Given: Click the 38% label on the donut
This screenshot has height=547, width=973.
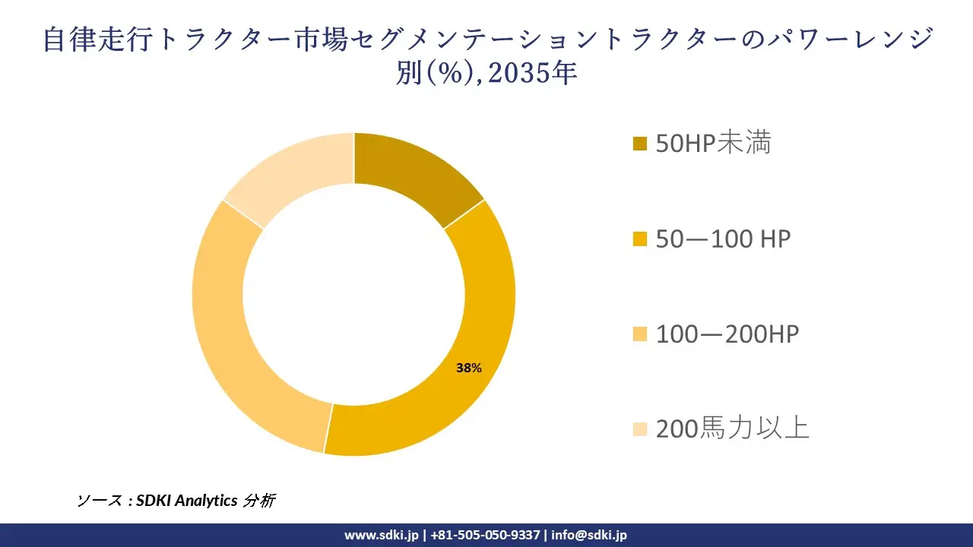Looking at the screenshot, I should coord(468,368).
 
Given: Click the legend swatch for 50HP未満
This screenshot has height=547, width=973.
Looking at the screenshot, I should coord(640,144).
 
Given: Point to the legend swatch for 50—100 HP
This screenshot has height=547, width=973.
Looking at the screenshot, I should coord(640,239).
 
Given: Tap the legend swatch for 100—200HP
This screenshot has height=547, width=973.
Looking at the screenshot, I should coord(640,334).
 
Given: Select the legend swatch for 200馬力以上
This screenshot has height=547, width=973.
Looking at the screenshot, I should coord(640,429).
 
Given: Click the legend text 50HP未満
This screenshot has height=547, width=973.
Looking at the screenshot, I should coord(713,143).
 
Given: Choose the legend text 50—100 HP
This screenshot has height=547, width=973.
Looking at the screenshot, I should coord(723,239).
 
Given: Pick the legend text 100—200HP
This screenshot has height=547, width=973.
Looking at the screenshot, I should coord(727,334).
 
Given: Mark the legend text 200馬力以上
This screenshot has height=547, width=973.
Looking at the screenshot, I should coord(733,428).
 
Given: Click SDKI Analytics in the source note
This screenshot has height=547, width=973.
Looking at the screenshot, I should coord(187,501).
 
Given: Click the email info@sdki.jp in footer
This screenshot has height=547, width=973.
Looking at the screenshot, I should coord(589,535).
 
